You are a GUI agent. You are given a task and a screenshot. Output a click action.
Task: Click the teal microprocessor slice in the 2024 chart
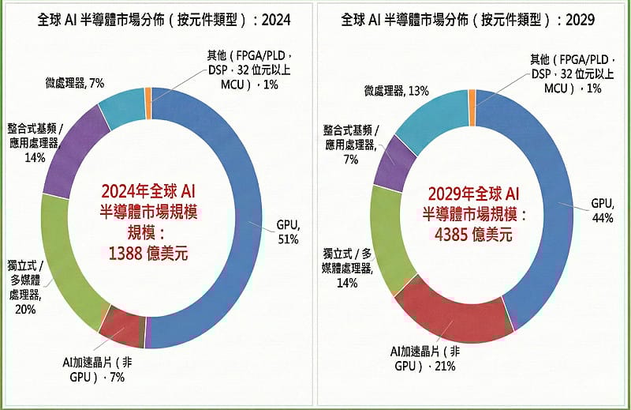[119, 107]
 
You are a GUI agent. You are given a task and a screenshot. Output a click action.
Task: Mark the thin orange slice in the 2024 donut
[148, 93]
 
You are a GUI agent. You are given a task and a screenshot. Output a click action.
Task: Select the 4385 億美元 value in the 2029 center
[472, 234]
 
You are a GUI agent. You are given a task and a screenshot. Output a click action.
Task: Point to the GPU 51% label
[287, 231]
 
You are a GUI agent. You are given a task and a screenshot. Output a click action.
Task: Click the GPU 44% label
[602, 209]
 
